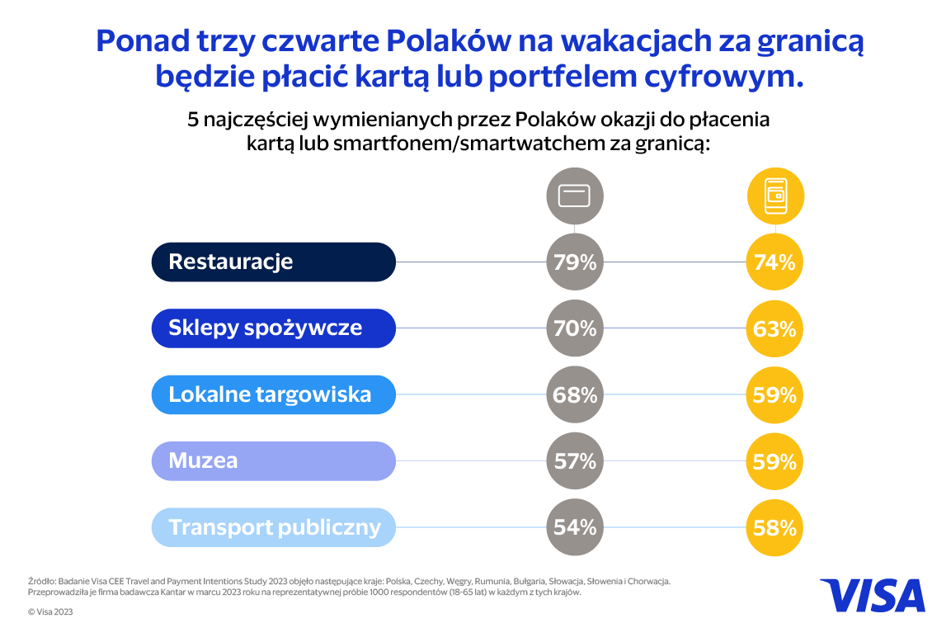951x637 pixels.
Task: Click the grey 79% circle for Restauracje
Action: click(575, 262)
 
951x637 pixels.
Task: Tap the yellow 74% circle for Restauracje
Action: click(774, 262)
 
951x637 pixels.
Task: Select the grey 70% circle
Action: click(575, 328)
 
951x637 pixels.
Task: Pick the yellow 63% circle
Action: click(774, 328)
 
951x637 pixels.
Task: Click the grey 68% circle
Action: click(575, 394)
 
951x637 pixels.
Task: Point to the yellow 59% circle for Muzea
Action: click(774, 460)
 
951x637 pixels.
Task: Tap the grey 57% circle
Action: click(575, 460)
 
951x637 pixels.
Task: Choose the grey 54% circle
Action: click(575, 526)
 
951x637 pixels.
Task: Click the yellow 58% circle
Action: click(774, 526)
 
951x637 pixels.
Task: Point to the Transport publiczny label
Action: click(274, 527)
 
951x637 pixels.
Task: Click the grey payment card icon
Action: click(575, 196)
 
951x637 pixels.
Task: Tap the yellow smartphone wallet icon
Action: click(774, 196)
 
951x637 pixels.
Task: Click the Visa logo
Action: click(872, 595)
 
